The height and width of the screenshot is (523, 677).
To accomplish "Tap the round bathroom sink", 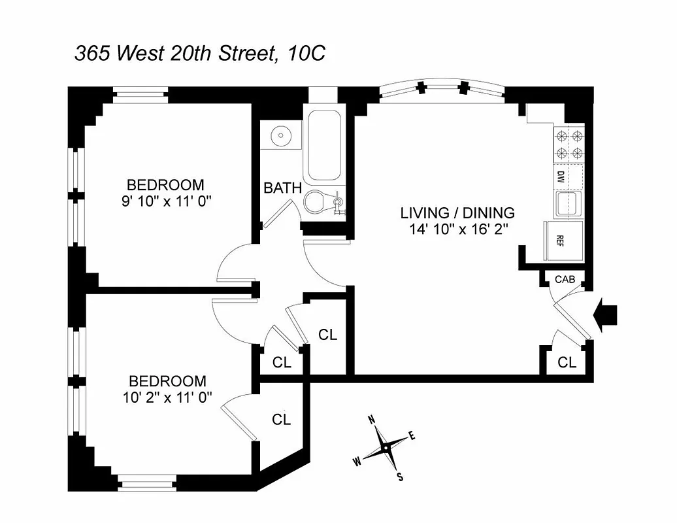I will pyautogui.click(x=282, y=137).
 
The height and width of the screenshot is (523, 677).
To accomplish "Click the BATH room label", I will pyautogui.click(x=282, y=188).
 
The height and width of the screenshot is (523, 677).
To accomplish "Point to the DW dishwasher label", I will pyautogui.click(x=561, y=177).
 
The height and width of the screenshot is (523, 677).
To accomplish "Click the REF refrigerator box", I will pyautogui.click(x=559, y=240).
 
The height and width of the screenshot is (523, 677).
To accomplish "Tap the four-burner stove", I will pyautogui.click(x=569, y=145).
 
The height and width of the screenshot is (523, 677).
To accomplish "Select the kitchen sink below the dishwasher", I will pyautogui.click(x=567, y=205).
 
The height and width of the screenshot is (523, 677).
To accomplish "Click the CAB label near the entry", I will pyautogui.click(x=565, y=279).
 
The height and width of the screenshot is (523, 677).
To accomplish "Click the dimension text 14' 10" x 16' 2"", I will pyautogui.click(x=457, y=229).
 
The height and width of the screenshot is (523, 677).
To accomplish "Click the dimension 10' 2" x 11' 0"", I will pyautogui.click(x=167, y=397).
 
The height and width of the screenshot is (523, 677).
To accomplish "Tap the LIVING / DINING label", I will pyautogui.click(x=457, y=212).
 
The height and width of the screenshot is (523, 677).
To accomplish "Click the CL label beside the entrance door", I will pyautogui.click(x=567, y=362).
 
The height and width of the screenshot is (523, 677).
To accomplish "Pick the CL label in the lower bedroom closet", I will pyautogui.click(x=281, y=420).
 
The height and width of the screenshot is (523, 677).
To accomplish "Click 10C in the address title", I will pyautogui.click(x=304, y=54).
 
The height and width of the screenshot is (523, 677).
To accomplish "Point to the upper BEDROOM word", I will pyautogui.click(x=165, y=184).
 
